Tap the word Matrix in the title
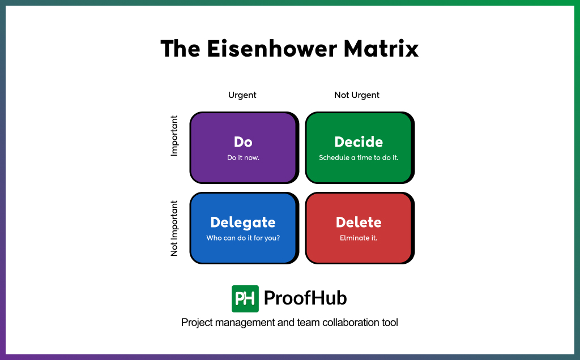381,49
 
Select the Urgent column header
242,95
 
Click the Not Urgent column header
357,95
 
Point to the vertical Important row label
174,136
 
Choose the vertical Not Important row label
174,228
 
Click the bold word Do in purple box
243,142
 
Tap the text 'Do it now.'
243,157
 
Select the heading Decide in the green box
359,142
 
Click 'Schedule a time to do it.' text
359,157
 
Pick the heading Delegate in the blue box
243,222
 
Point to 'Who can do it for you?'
243,238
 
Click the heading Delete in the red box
359,222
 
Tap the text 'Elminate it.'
359,238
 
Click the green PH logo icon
245,298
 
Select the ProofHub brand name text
305,298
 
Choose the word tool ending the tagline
390,323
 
